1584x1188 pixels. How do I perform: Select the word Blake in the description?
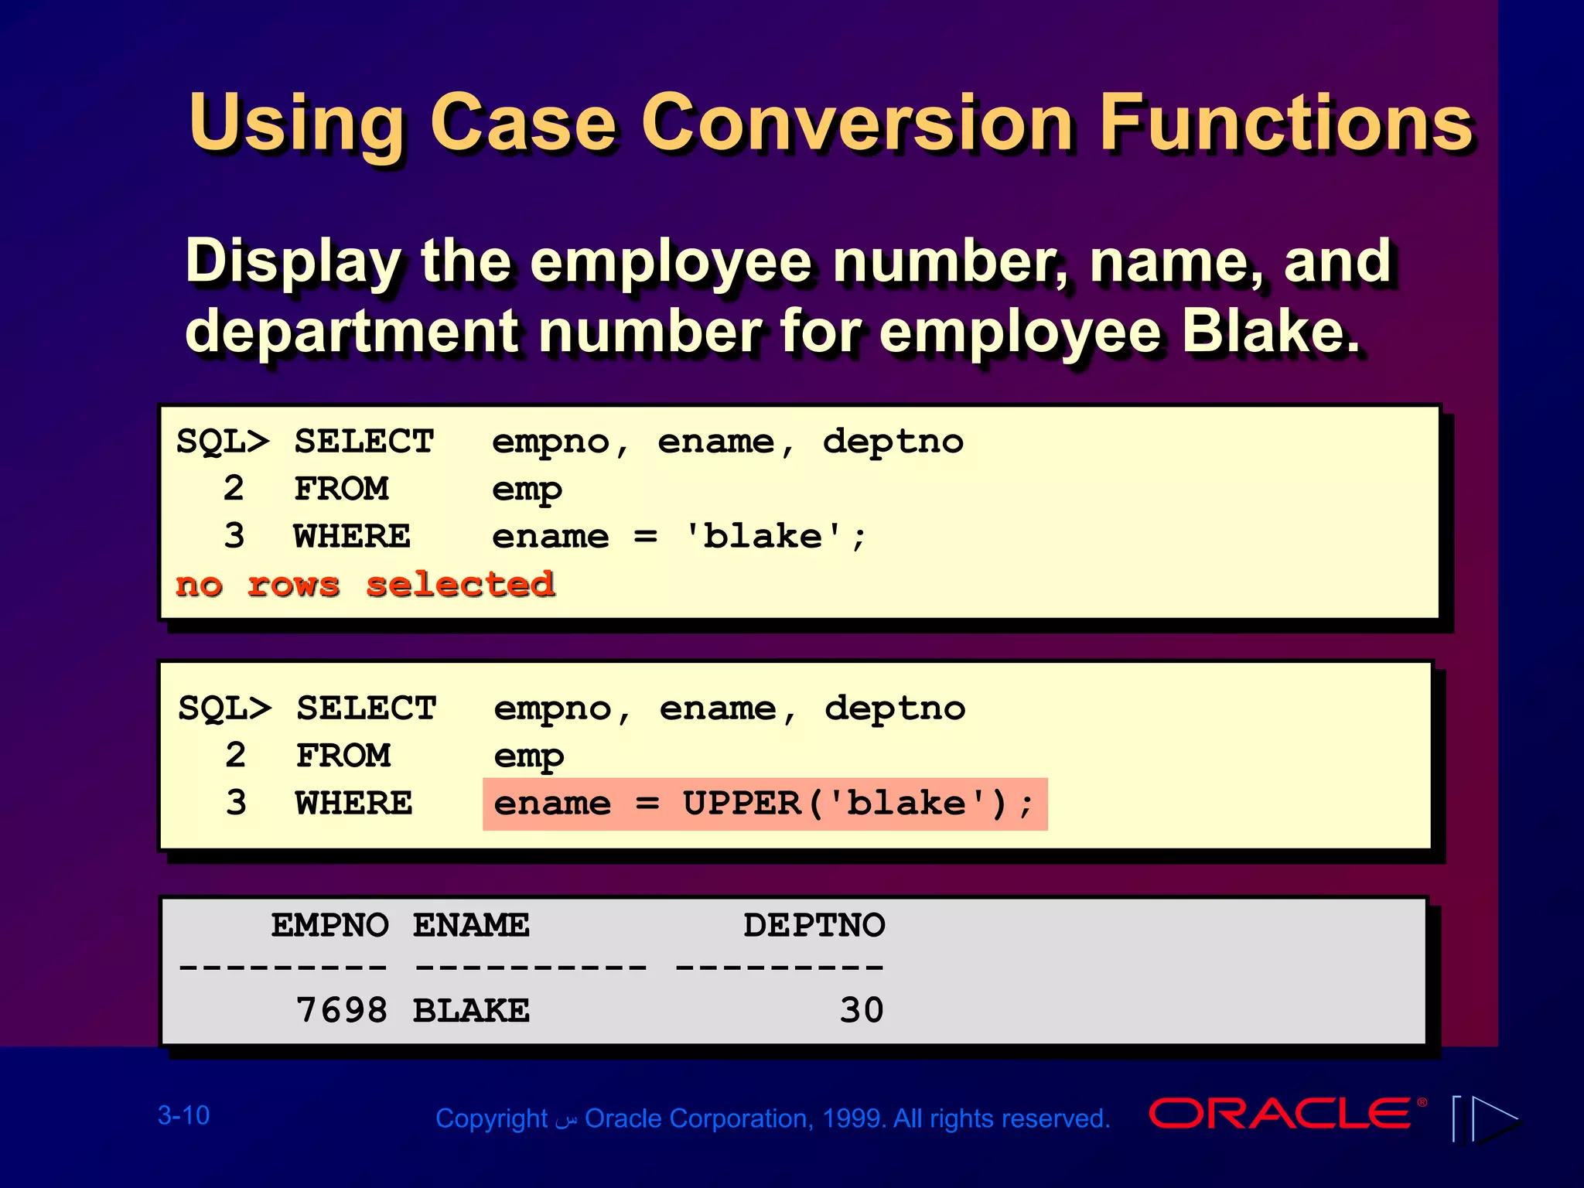pos(1268,331)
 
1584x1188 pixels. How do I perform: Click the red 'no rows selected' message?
pos(365,584)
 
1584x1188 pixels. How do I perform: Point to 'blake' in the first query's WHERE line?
pos(763,536)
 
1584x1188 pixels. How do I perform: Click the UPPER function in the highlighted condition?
pos(741,804)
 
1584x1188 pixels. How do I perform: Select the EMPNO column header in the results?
pos(329,925)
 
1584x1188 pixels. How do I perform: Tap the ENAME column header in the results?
pos(471,925)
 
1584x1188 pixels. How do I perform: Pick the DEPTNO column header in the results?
pos(814,925)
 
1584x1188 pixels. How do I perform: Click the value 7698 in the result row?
pos(342,1010)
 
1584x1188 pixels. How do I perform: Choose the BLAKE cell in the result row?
pos(471,1010)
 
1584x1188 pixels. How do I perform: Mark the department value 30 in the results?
pos(862,1010)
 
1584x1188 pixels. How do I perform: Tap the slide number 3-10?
pos(183,1115)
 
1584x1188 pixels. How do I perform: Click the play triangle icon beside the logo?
pos(1494,1118)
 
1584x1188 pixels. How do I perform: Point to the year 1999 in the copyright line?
pos(854,1118)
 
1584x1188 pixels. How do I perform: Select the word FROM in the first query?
pos(341,489)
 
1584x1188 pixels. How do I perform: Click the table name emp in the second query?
pos(529,756)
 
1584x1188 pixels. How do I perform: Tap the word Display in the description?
pos(292,261)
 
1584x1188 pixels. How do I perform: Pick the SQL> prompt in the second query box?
pos(224,708)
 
